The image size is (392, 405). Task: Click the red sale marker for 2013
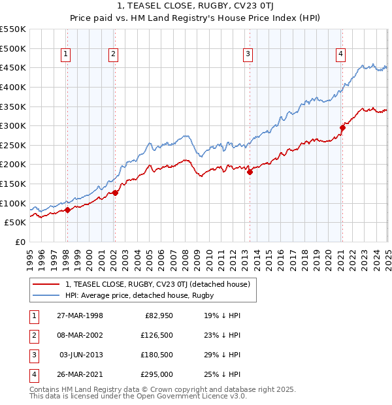tap(250, 172)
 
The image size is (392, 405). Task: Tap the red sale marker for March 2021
tap(342, 127)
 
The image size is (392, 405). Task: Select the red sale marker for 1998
tap(67, 210)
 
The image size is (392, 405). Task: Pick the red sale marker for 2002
tap(114, 193)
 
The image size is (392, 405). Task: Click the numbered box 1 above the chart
tap(67, 55)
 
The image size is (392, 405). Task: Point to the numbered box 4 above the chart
tap(341, 55)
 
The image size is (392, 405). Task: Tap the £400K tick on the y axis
tap(16, 87)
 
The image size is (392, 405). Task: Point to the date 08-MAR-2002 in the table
tap(81, 335)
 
